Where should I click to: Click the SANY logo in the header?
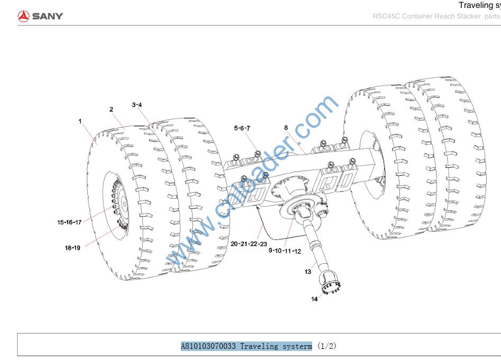click(x=40, y=16)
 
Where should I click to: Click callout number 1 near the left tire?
click(x=80, y=121)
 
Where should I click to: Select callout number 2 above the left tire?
click(x=111, y=110)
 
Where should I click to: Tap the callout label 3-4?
click(x=137, y=105)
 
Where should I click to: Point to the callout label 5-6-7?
click(x=242, y=129)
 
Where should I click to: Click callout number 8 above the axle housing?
click(x=286, y=128)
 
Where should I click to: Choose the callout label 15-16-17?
click(x=69, y=222)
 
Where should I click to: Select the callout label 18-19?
click(x=72, y=248)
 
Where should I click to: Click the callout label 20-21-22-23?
click(x=249, y=244)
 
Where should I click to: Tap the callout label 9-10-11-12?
click(x=285, y=251)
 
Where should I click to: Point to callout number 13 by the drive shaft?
click(x=308, y=272)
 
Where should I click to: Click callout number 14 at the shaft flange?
click(x=314, y=299)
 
